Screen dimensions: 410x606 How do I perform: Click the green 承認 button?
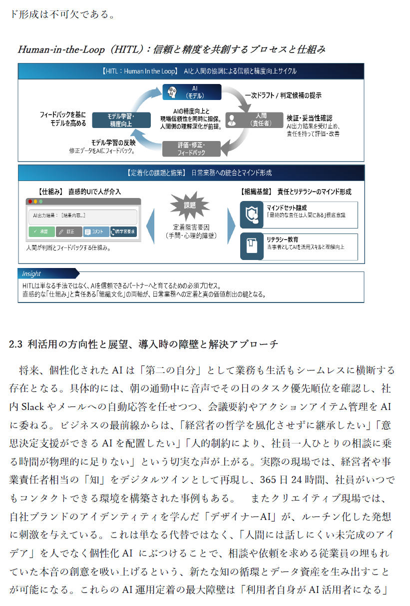[41, 231]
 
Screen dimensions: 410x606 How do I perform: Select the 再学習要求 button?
[123, 231]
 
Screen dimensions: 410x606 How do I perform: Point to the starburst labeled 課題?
[190, 205]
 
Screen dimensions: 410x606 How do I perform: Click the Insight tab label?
[31, 273]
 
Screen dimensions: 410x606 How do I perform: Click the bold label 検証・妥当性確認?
[309, 117]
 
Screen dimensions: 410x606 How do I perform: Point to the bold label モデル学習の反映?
[112, 142]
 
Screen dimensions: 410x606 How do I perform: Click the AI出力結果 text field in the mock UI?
[82, 216]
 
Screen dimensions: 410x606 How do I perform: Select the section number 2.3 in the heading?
[16, 344]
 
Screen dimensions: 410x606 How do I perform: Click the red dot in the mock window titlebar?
[30, 201]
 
